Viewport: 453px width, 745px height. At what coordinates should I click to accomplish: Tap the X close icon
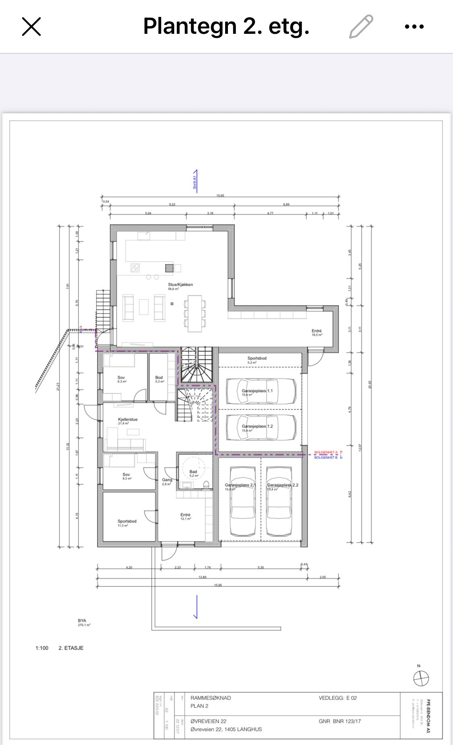[x=31, y=27]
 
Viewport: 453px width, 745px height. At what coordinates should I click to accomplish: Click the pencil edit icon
[x=361, y=27]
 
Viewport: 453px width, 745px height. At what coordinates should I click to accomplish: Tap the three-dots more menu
[x=414, y=27]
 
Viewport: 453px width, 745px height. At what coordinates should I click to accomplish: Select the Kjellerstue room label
[x=128, y=419]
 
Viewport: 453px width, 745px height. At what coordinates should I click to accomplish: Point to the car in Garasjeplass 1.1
[x=261, y=391]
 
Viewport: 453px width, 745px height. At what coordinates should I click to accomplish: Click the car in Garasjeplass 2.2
[x=283, y=501]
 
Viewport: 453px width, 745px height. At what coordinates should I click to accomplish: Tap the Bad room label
[x=193, y=472]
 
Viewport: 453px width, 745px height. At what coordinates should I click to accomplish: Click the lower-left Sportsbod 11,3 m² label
[x=127, y=521]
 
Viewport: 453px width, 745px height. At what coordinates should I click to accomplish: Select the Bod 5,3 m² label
[x=159, y=378]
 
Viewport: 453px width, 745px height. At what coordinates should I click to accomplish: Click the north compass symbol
[x=421, y=678]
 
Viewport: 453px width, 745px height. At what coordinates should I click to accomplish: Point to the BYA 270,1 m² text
[x=83, y=623]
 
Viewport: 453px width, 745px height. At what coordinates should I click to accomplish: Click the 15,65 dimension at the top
[x=220, y=196]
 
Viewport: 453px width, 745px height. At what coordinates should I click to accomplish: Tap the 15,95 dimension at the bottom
[x=217, y=585]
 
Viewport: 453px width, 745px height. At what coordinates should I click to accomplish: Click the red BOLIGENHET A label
[x=325, y=452]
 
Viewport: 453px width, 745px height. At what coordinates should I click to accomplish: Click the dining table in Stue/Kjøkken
[x=195, y=313]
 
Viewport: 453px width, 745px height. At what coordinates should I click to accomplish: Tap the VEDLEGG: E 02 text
[x=337, y=698]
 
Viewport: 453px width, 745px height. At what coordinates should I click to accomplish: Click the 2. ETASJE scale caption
[x=71, y=648]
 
